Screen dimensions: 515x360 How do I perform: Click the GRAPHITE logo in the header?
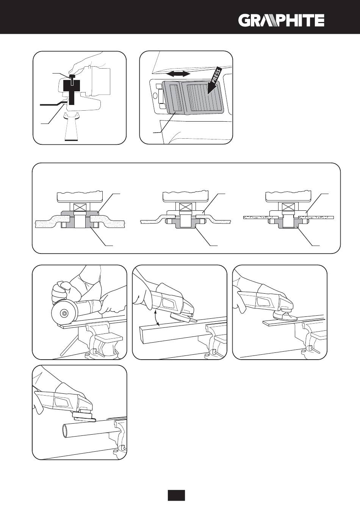tap(281, 20)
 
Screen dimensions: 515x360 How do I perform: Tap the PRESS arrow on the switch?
tap(214, 82)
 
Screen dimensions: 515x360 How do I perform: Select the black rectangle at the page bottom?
tap(176, 495)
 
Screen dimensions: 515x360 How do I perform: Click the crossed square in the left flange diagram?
tap(81, 207)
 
